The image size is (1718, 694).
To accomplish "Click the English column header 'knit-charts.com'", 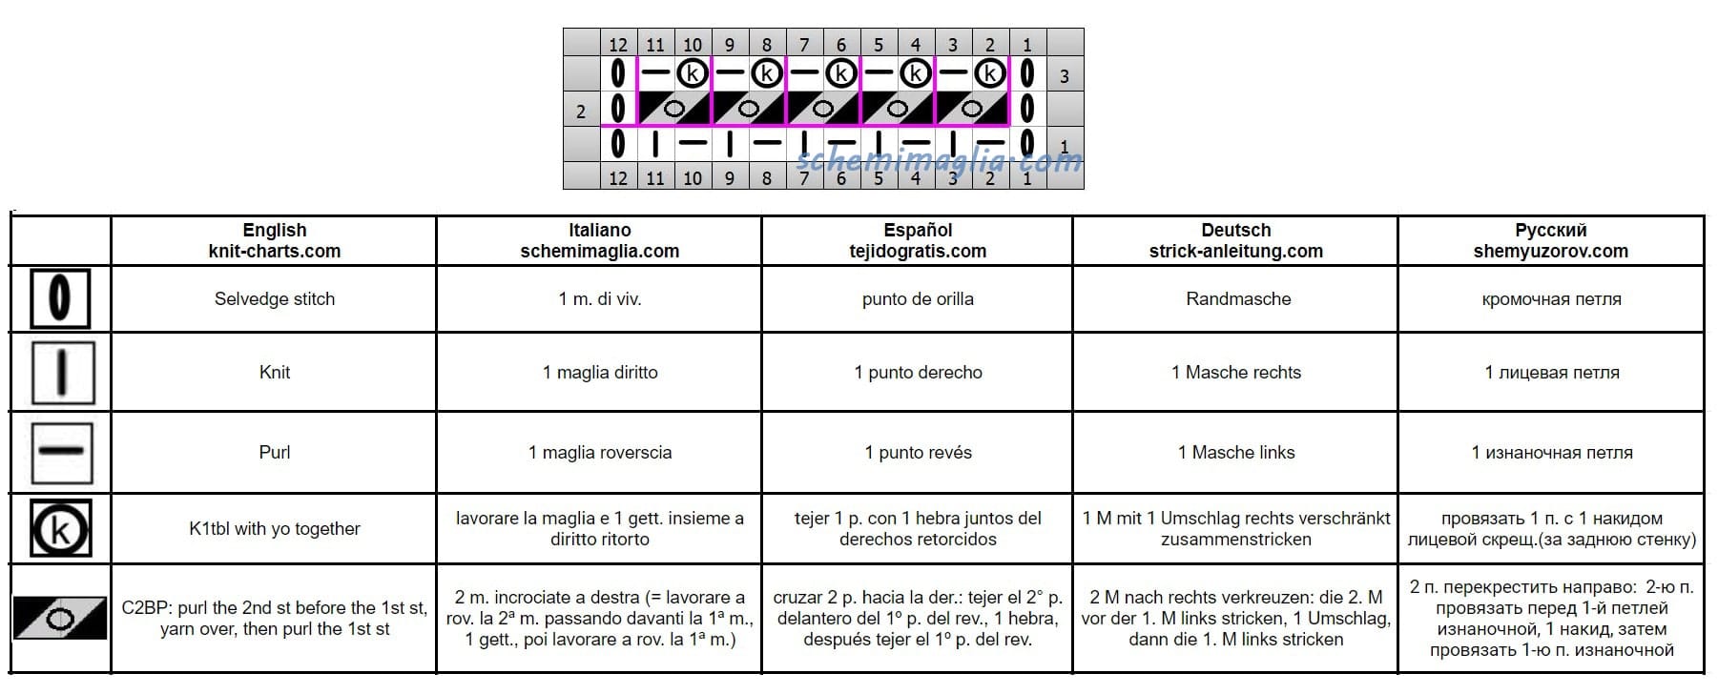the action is click(275, 252).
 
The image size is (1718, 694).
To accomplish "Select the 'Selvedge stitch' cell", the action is click(275, 299).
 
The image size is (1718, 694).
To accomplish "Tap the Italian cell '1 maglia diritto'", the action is click(600, 373).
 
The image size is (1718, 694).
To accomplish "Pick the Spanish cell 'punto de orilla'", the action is click(918, 299).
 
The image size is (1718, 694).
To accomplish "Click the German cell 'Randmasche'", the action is click(1238, 299).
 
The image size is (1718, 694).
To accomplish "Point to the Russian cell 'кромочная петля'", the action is click(1551, 299).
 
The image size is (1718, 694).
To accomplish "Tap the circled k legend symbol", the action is click(61, 528).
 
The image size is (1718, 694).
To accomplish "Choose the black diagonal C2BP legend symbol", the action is click(60, 618).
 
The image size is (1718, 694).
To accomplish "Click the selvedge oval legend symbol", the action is click(60, 298).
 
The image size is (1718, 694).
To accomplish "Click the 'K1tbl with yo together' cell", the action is click(275, 529).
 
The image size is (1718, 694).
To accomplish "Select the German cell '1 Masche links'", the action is click(1236, 453).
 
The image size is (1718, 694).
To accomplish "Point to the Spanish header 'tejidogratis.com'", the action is click(918, 252).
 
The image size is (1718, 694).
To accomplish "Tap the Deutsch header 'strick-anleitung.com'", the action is click(1236, 252).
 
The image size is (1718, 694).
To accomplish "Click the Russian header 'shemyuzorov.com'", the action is click(1551, 252).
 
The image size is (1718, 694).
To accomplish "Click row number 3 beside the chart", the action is click(1065, 76).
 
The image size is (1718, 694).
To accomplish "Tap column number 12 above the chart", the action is click(618, 44).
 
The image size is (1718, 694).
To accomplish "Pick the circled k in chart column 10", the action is click(693, 73).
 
